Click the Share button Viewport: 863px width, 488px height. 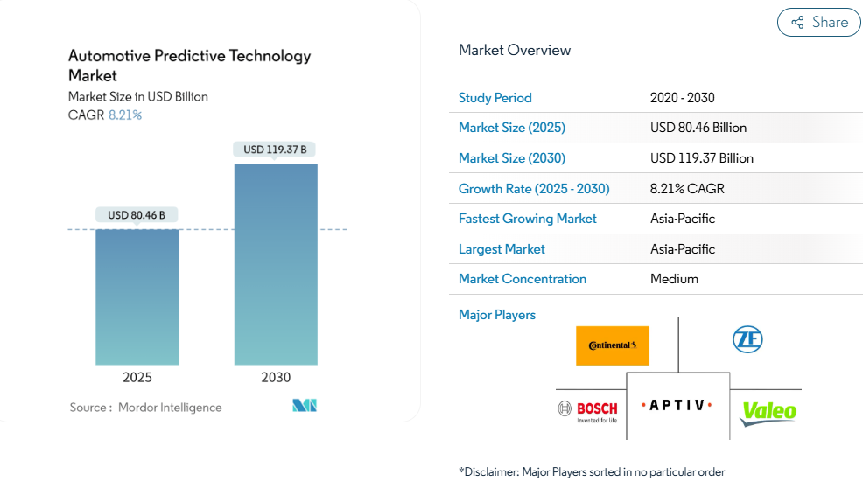819,23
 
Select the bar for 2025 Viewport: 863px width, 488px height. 137,297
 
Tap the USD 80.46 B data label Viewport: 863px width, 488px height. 137,215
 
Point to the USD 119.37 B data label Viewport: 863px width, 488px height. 276,150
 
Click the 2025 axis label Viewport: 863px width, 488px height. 137,378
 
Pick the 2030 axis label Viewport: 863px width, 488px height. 276,378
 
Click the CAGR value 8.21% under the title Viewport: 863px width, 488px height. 125,115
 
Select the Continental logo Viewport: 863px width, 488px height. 613,345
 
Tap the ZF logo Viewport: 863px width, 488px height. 747,339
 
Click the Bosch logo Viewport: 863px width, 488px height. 587,410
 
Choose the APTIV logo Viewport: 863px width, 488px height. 677,406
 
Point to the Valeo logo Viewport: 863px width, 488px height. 768,412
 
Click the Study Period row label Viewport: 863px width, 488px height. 495,98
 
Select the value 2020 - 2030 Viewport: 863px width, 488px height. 683,98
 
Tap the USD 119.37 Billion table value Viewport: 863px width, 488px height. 702,158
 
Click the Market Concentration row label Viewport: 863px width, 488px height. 523,279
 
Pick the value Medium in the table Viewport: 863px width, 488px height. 674,279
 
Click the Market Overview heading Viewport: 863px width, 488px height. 515,50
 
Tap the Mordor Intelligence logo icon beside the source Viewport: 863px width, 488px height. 305,406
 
